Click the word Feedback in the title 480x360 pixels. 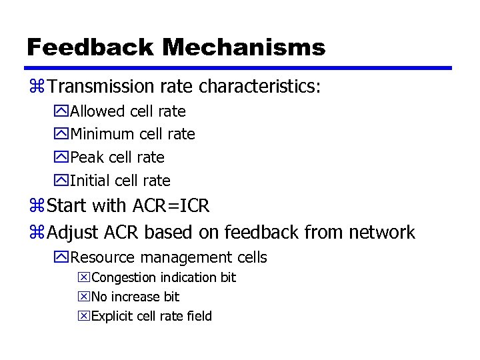coord(89,47)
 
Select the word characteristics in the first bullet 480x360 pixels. coord(259,87)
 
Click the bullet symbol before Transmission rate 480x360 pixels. coord(36,87)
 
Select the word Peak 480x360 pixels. coord(85,157)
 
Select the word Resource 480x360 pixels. coord(101,257)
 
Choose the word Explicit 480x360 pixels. coord(111,316)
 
